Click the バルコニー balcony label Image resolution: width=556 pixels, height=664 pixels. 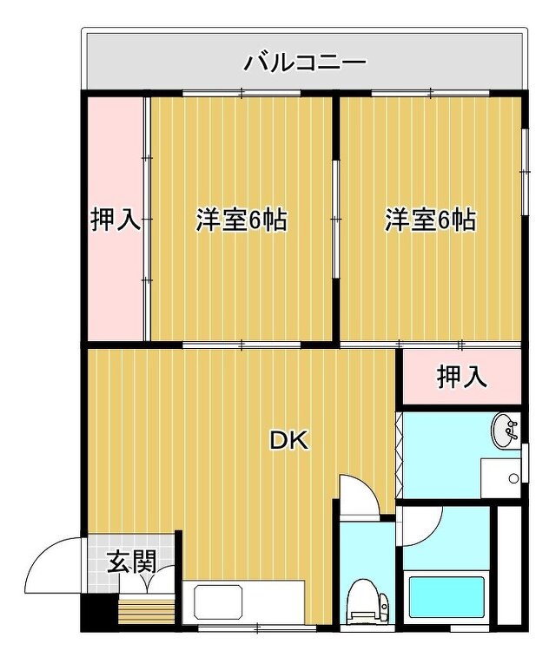click(305, 63)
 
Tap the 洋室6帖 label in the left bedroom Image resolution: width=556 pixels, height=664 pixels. click(242, 220)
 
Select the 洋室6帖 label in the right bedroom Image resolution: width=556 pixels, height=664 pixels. click(431, 220)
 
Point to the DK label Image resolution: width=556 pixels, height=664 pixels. click(290, 441)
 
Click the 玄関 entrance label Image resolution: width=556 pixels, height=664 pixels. click(132, 562)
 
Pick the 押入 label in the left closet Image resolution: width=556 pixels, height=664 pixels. click(116, 220)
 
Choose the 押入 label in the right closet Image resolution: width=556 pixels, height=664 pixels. click(462, 377)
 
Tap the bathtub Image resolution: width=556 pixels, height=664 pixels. click(447, 597)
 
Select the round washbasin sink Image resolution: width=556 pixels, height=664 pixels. click(504, 431)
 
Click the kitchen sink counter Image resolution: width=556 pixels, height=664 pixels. click(243, 602)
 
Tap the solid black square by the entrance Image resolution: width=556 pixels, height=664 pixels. click(100, 612)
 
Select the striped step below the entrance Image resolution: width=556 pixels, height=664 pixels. click(147, 609)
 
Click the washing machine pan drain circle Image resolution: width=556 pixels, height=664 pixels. click(513, 478)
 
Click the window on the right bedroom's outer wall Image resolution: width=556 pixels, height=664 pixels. click(526, 171)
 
